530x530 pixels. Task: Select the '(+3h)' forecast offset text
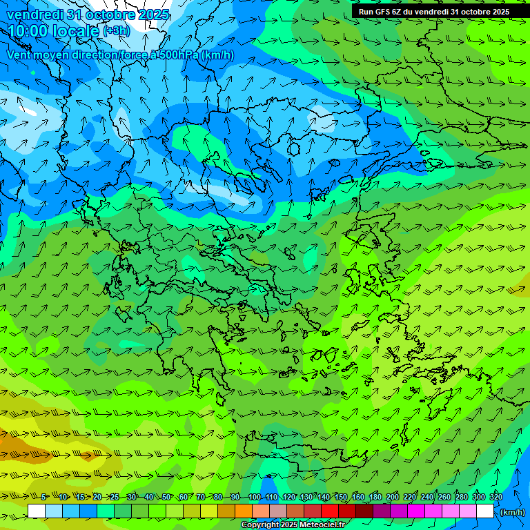pos(116,31)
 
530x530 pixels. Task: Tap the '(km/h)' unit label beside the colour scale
pos(512,512)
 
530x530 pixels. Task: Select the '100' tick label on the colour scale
pos(255,497)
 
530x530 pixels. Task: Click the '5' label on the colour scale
pos(44,497)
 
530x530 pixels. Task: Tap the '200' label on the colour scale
pos(393,497)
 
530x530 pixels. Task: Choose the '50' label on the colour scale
pos(166,497)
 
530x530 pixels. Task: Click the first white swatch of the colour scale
pos(36,511)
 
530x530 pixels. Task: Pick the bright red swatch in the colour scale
pos(330,511)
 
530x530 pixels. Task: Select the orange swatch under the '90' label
pos(244,511)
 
